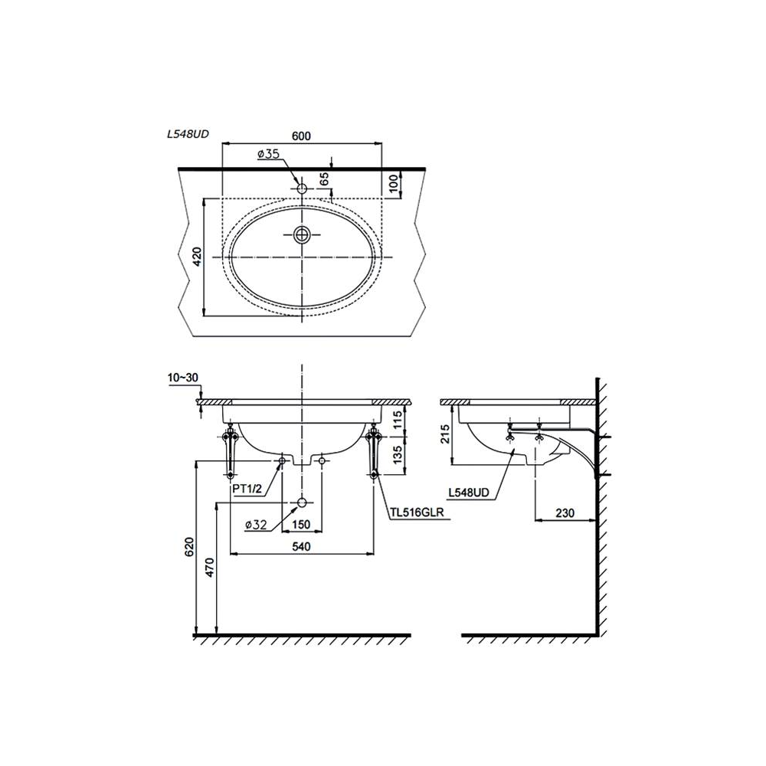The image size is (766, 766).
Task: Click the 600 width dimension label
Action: pos(301,136)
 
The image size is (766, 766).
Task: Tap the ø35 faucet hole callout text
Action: pos(268,154)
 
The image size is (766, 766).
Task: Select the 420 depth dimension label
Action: pos(197,257)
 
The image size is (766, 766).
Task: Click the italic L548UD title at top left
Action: pos(188,134)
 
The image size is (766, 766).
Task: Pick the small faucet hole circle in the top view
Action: pos(302,188)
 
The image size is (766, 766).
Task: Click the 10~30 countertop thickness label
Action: pos(183,378)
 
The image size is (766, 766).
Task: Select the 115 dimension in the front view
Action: pos(398,420)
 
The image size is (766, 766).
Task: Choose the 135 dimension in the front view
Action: pos(398,454)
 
